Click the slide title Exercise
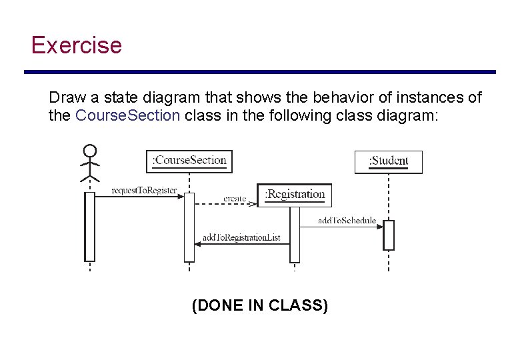click(77, 45)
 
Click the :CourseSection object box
click(189, 161)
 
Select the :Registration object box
click(294, 195)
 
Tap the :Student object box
click(388, 161)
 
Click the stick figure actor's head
click(90, 151)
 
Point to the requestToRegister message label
click(144, 191)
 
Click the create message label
click(235, 199)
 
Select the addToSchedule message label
click(347, 221)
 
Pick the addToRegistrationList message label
click(241, 237)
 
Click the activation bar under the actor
click(90, 227)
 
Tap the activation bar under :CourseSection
click(189, 227)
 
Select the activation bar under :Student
click(389, 235)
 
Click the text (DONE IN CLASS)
click(259, 305)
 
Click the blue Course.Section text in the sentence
click(128, 115)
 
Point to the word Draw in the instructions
click(63, 97)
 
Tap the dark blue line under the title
click(260, 72)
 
